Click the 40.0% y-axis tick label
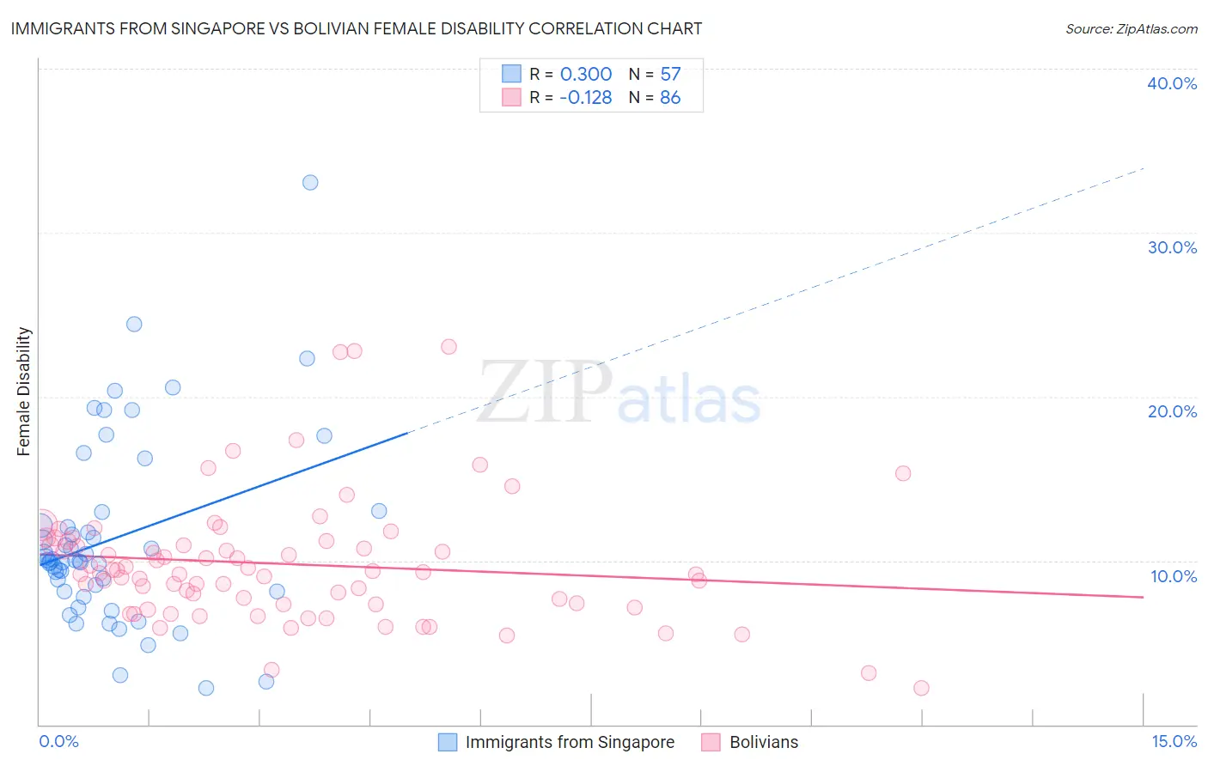click(x=1172, y=83)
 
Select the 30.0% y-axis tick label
click(x=1172, y=247)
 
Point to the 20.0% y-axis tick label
click(x=1172, y=411)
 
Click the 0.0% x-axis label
click(x=58, y=741)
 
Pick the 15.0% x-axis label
click(x=1174, y=741)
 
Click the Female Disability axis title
click(x=24, y=391)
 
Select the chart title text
click(x=357, y=28)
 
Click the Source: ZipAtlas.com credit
click(x=1131, y=29)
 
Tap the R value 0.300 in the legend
click(x=586, y=74)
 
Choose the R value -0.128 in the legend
click(x=585, y=98)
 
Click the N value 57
click(x=670, y=74)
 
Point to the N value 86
click(x=670, y=98)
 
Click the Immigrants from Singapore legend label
click(x=570, y=742)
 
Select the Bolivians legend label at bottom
click(x=763, y=742)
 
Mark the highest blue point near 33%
click(x=310, y=182)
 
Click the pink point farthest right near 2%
click(x=921, y=688)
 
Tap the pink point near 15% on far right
click(x=903, y=473)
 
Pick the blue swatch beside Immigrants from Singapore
click(x=448, y=742)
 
